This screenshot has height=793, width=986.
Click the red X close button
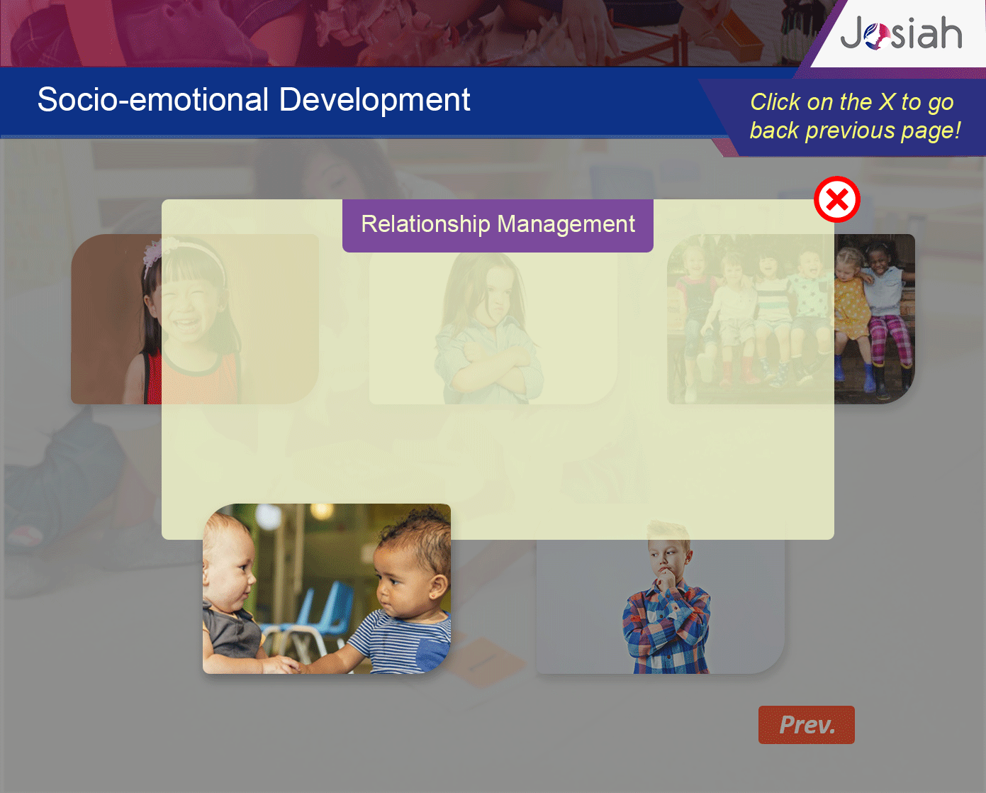(836, 199)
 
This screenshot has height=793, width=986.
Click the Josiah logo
(901, 33)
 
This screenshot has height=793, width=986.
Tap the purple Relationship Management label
(498, 225)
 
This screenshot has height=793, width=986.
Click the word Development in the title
(374, 100)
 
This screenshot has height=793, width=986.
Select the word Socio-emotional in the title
(153, 99)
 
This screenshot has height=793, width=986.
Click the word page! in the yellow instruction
(930, 131)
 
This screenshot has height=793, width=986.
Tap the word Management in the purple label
(566, 224)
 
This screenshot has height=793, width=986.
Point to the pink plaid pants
(891, 339)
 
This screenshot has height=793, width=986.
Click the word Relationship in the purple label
(425, 224)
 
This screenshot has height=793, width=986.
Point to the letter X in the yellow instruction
(887, 102)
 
